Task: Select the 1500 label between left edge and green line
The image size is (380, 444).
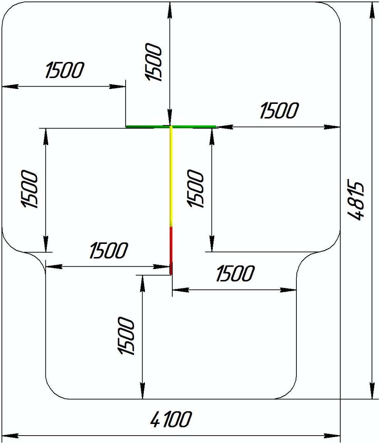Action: (x=64, y=70)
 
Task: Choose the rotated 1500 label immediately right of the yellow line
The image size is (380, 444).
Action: (x=195, y=189)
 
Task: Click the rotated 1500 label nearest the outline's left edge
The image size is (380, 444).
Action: (x=30, y=189)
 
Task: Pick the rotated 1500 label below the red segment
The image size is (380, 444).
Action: (x=126, y=336)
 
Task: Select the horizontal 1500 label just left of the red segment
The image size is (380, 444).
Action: (x=108, y=251)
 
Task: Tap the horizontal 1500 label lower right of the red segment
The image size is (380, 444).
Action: (x=235, y=274)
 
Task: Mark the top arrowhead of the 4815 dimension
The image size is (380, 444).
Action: (x=372, y=10)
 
